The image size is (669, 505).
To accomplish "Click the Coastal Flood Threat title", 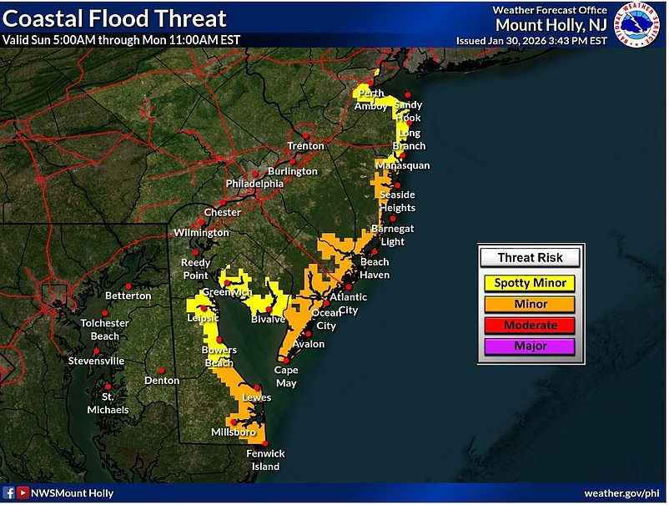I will pyautogui.click(x=114, y=18).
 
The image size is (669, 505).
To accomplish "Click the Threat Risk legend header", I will pyautogui.click(x=530, y=258).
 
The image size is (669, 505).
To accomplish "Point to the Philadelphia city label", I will pyautogui.click(x=254, y=183).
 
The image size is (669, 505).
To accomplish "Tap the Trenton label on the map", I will pyautogui.click(x=305, y=146).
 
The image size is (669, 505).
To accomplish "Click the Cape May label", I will pyautogui.click(x=286, y=376).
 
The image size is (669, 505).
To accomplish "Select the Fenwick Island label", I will pyautogui.click(x=265, y=460).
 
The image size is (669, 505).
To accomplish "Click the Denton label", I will pyautogui.click(x=162, y=381).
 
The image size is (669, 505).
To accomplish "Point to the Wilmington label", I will pyautogui.click(x=201, y=232).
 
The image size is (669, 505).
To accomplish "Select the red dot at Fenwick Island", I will pyautogui.click(x=265, y=443).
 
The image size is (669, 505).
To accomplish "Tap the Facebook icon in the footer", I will pyautogui.click(x=9, y=493).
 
